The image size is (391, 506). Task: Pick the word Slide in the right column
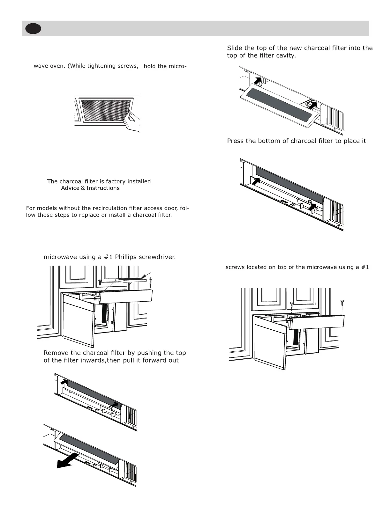click(x=234, y=48)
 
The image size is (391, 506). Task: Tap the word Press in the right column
click(x=235, y=141)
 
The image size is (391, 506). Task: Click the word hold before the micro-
click(x=149, y=67)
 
